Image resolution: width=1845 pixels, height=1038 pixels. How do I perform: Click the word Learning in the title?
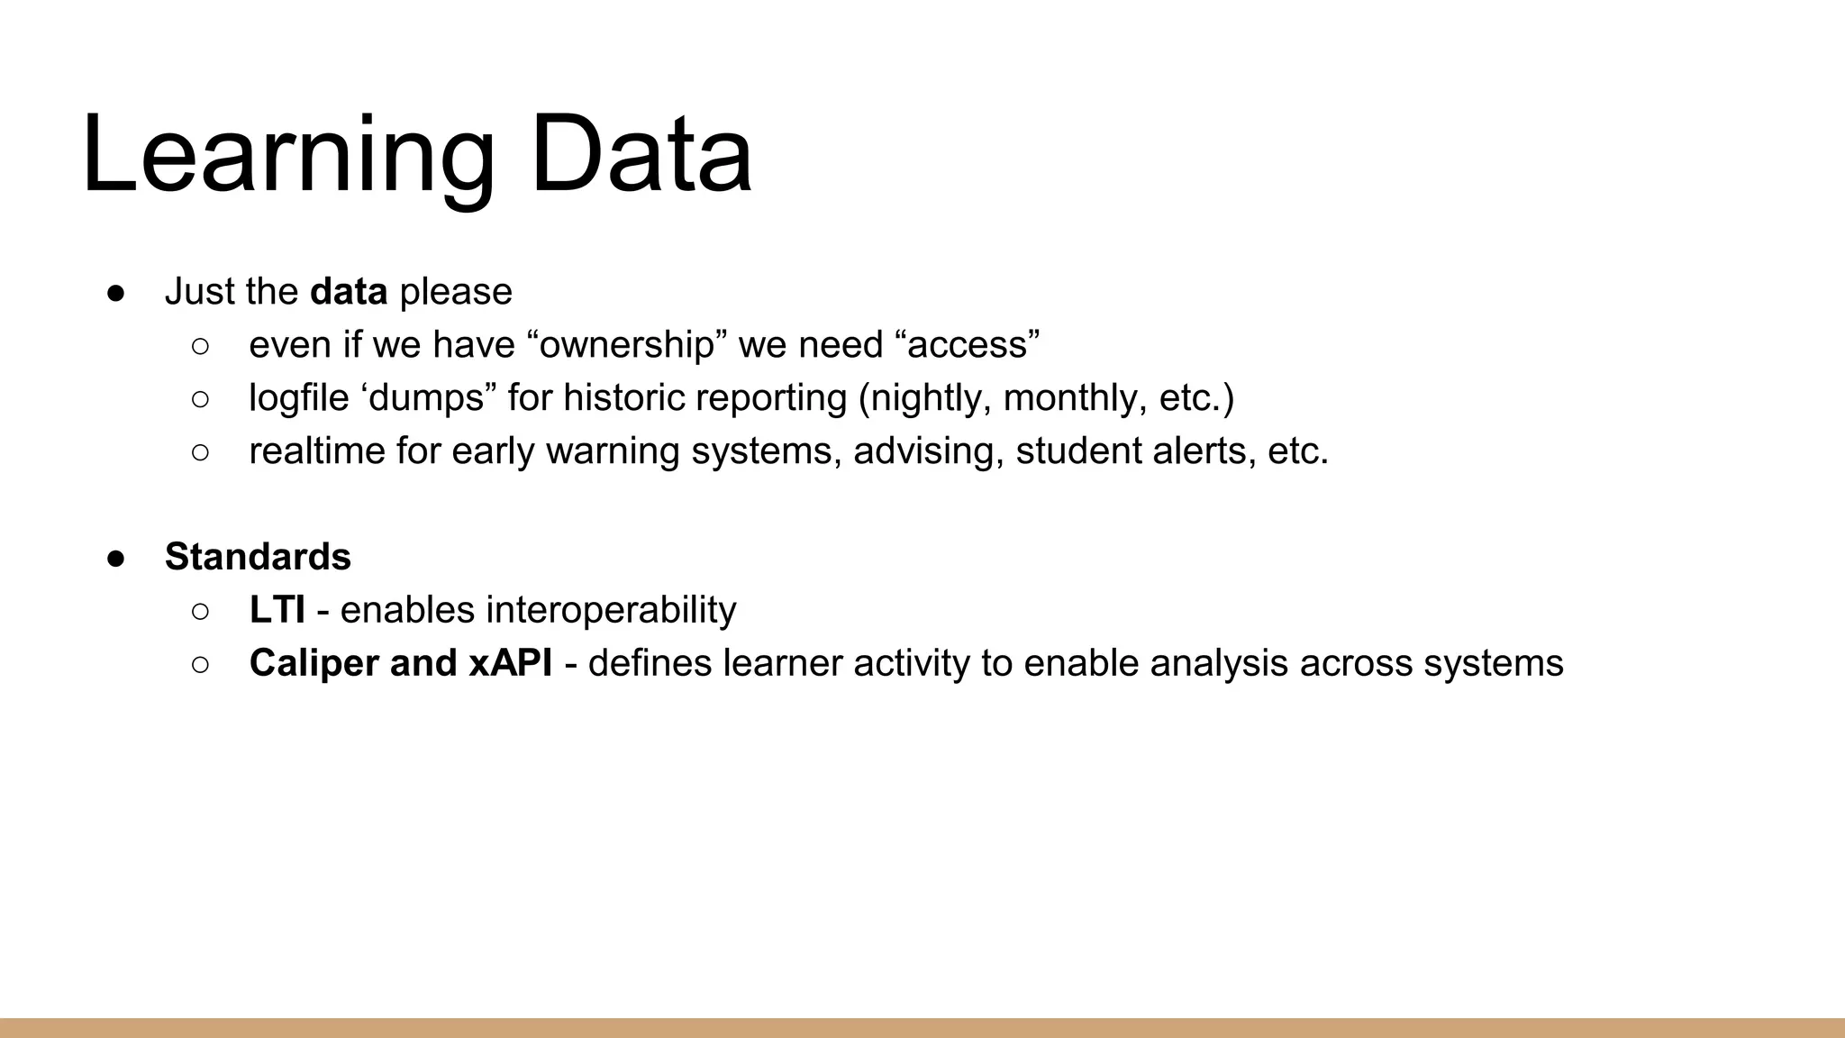pos(286,155)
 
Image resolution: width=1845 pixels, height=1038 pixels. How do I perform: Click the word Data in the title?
pos(641,155)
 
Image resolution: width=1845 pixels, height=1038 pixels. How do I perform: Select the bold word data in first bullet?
pos(348,292)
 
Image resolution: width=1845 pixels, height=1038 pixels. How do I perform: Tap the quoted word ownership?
pos(627,345)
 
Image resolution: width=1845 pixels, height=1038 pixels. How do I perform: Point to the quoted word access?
pos(968,345)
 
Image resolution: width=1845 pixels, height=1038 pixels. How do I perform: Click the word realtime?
pos(316,451)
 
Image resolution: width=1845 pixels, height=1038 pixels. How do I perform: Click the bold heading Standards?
pos(258,557)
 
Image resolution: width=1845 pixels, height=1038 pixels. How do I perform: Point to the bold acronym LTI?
pos(277,610)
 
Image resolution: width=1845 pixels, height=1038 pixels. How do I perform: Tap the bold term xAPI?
pos(510,663)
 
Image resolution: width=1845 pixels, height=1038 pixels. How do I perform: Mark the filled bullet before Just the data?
pos(116,293)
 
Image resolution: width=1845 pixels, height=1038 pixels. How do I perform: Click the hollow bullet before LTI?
pos(200,612)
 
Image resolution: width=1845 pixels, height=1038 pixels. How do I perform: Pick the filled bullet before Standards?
pos(116,558)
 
